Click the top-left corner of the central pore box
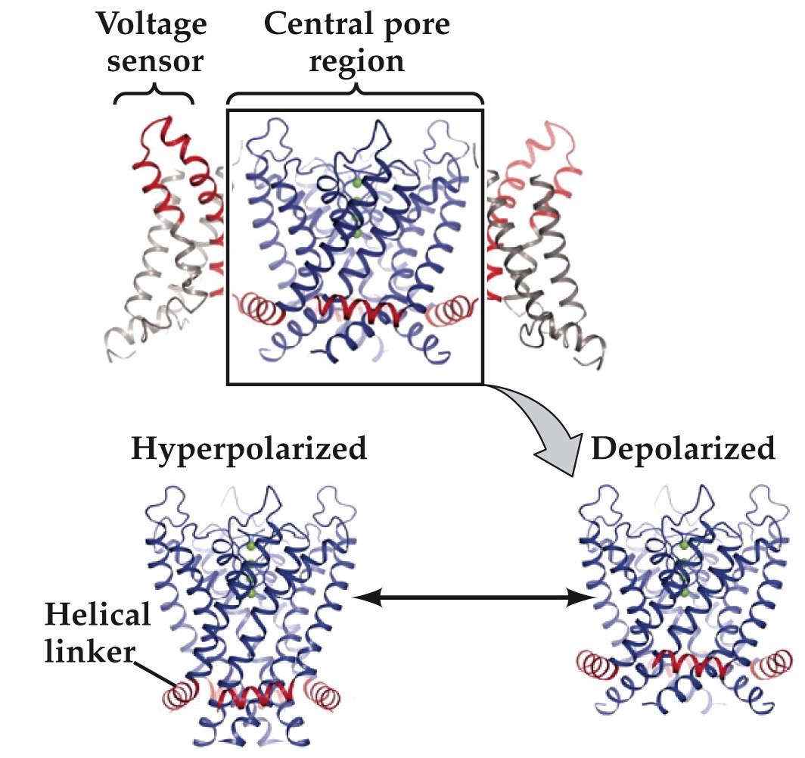click(228, 111)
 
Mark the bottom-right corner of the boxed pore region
click(483, 383)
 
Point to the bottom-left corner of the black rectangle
click(228, 383)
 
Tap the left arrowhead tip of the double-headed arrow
click(354, 597)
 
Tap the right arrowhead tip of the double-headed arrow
click(595, 597)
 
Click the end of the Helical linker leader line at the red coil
click(178, 685)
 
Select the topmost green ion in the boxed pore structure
click(358, 182)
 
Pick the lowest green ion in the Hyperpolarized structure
click(251, 594)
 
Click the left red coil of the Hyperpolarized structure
click(180, 694)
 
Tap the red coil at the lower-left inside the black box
click(259, 307)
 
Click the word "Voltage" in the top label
click(152, 25)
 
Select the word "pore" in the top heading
click(417, 25)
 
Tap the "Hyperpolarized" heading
click(250, 449)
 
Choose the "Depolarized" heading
click(683, 448)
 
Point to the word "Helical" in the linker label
click(98, 615)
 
